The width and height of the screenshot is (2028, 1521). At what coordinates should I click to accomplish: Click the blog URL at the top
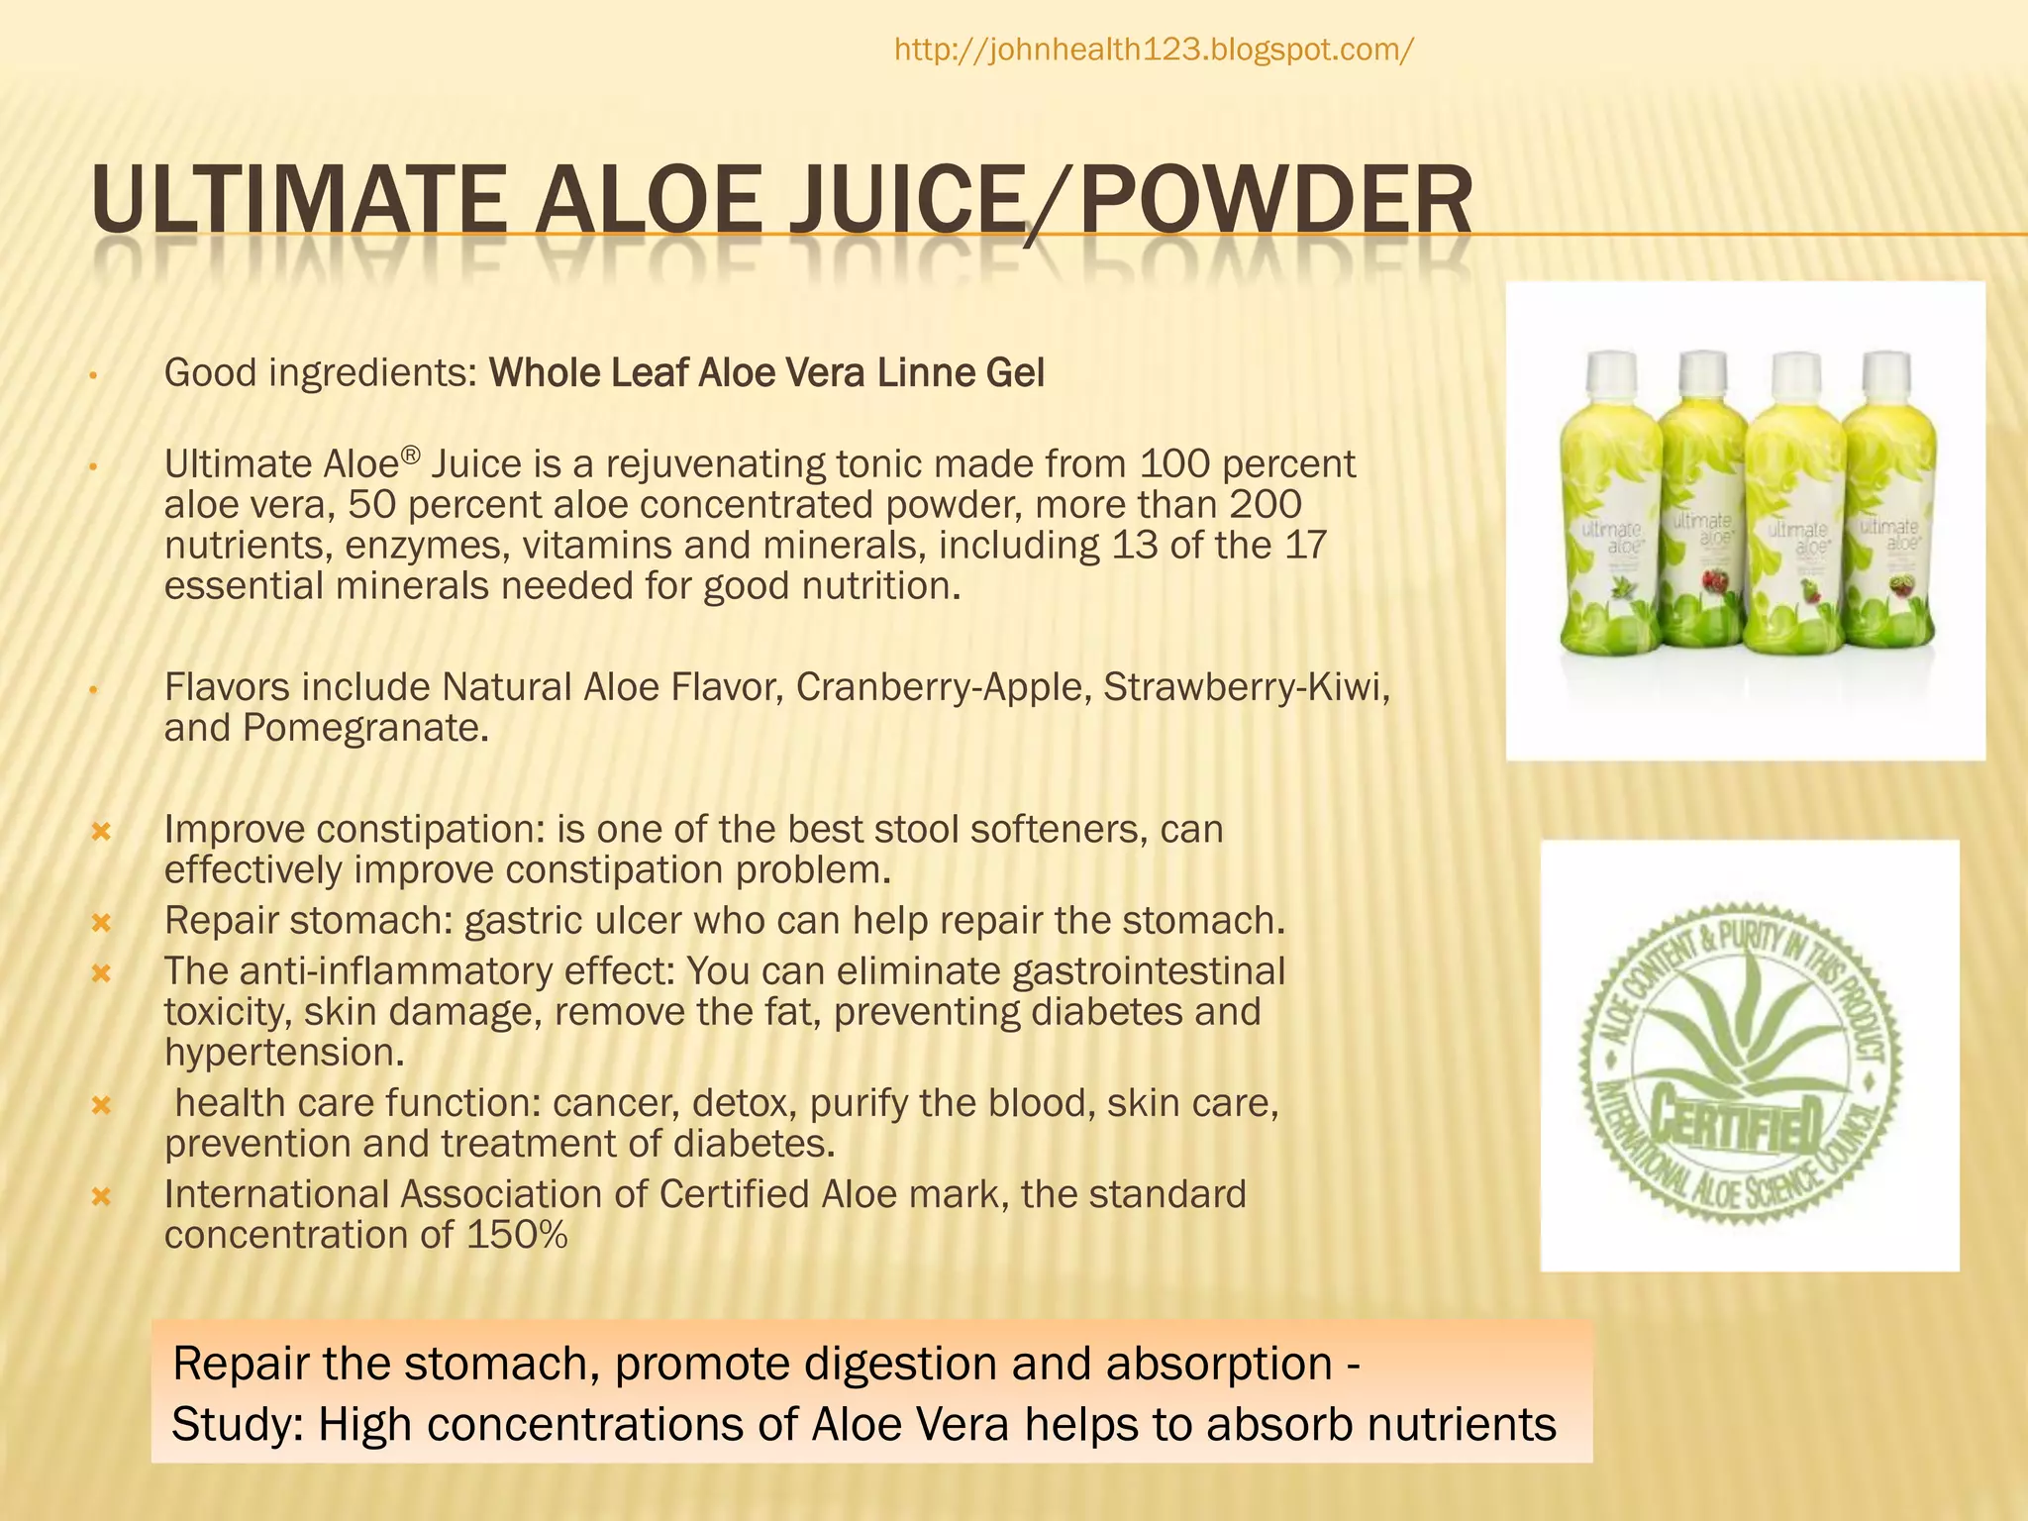[x=1154, y=50]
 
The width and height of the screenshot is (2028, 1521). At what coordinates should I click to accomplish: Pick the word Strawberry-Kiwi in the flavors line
[x=1245, y=687]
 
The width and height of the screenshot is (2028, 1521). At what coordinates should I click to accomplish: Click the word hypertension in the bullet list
[x=283, y=1053]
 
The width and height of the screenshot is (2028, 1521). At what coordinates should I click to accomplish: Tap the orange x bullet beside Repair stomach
[x=100, y=923]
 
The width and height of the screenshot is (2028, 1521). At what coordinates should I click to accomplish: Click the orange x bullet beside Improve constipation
[x=100, y=832]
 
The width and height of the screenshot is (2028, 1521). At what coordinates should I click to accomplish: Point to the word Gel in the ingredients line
[x=1015, y=373]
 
